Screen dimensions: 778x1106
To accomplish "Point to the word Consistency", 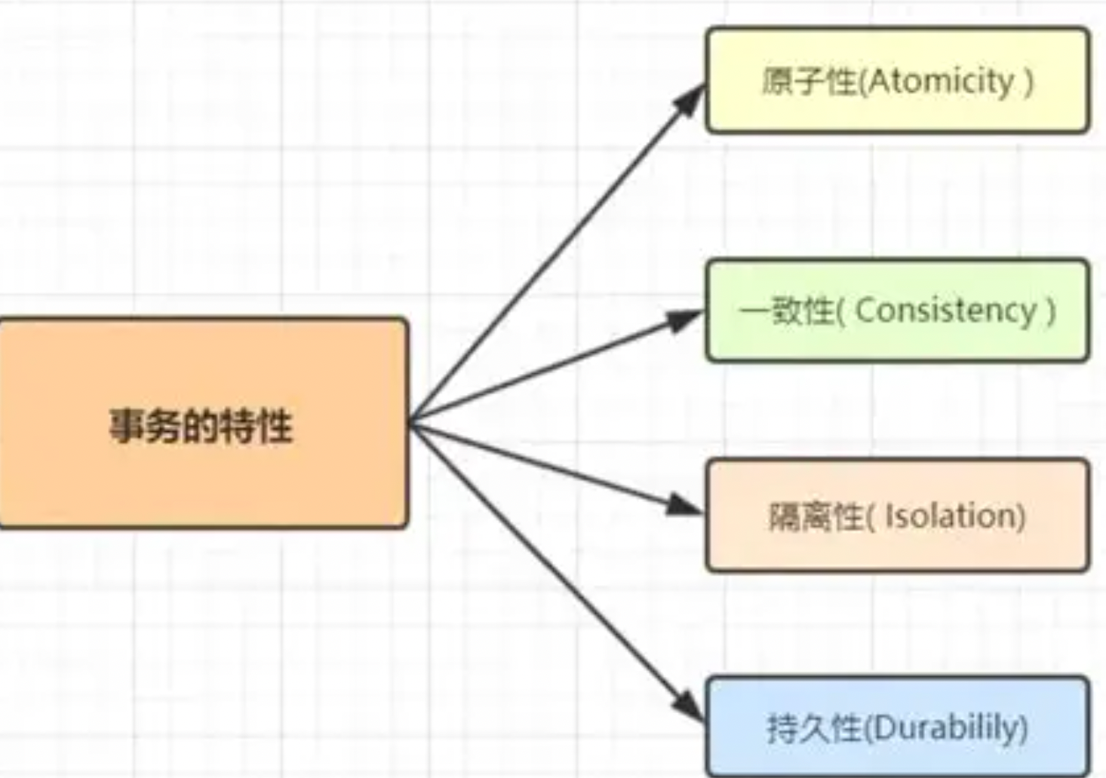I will pyautogui.click(x=946, y=311).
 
